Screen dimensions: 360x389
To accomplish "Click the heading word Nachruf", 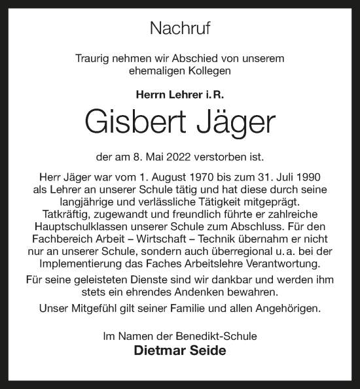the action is [180, 27].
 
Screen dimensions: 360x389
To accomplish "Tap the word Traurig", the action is [94, 58].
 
